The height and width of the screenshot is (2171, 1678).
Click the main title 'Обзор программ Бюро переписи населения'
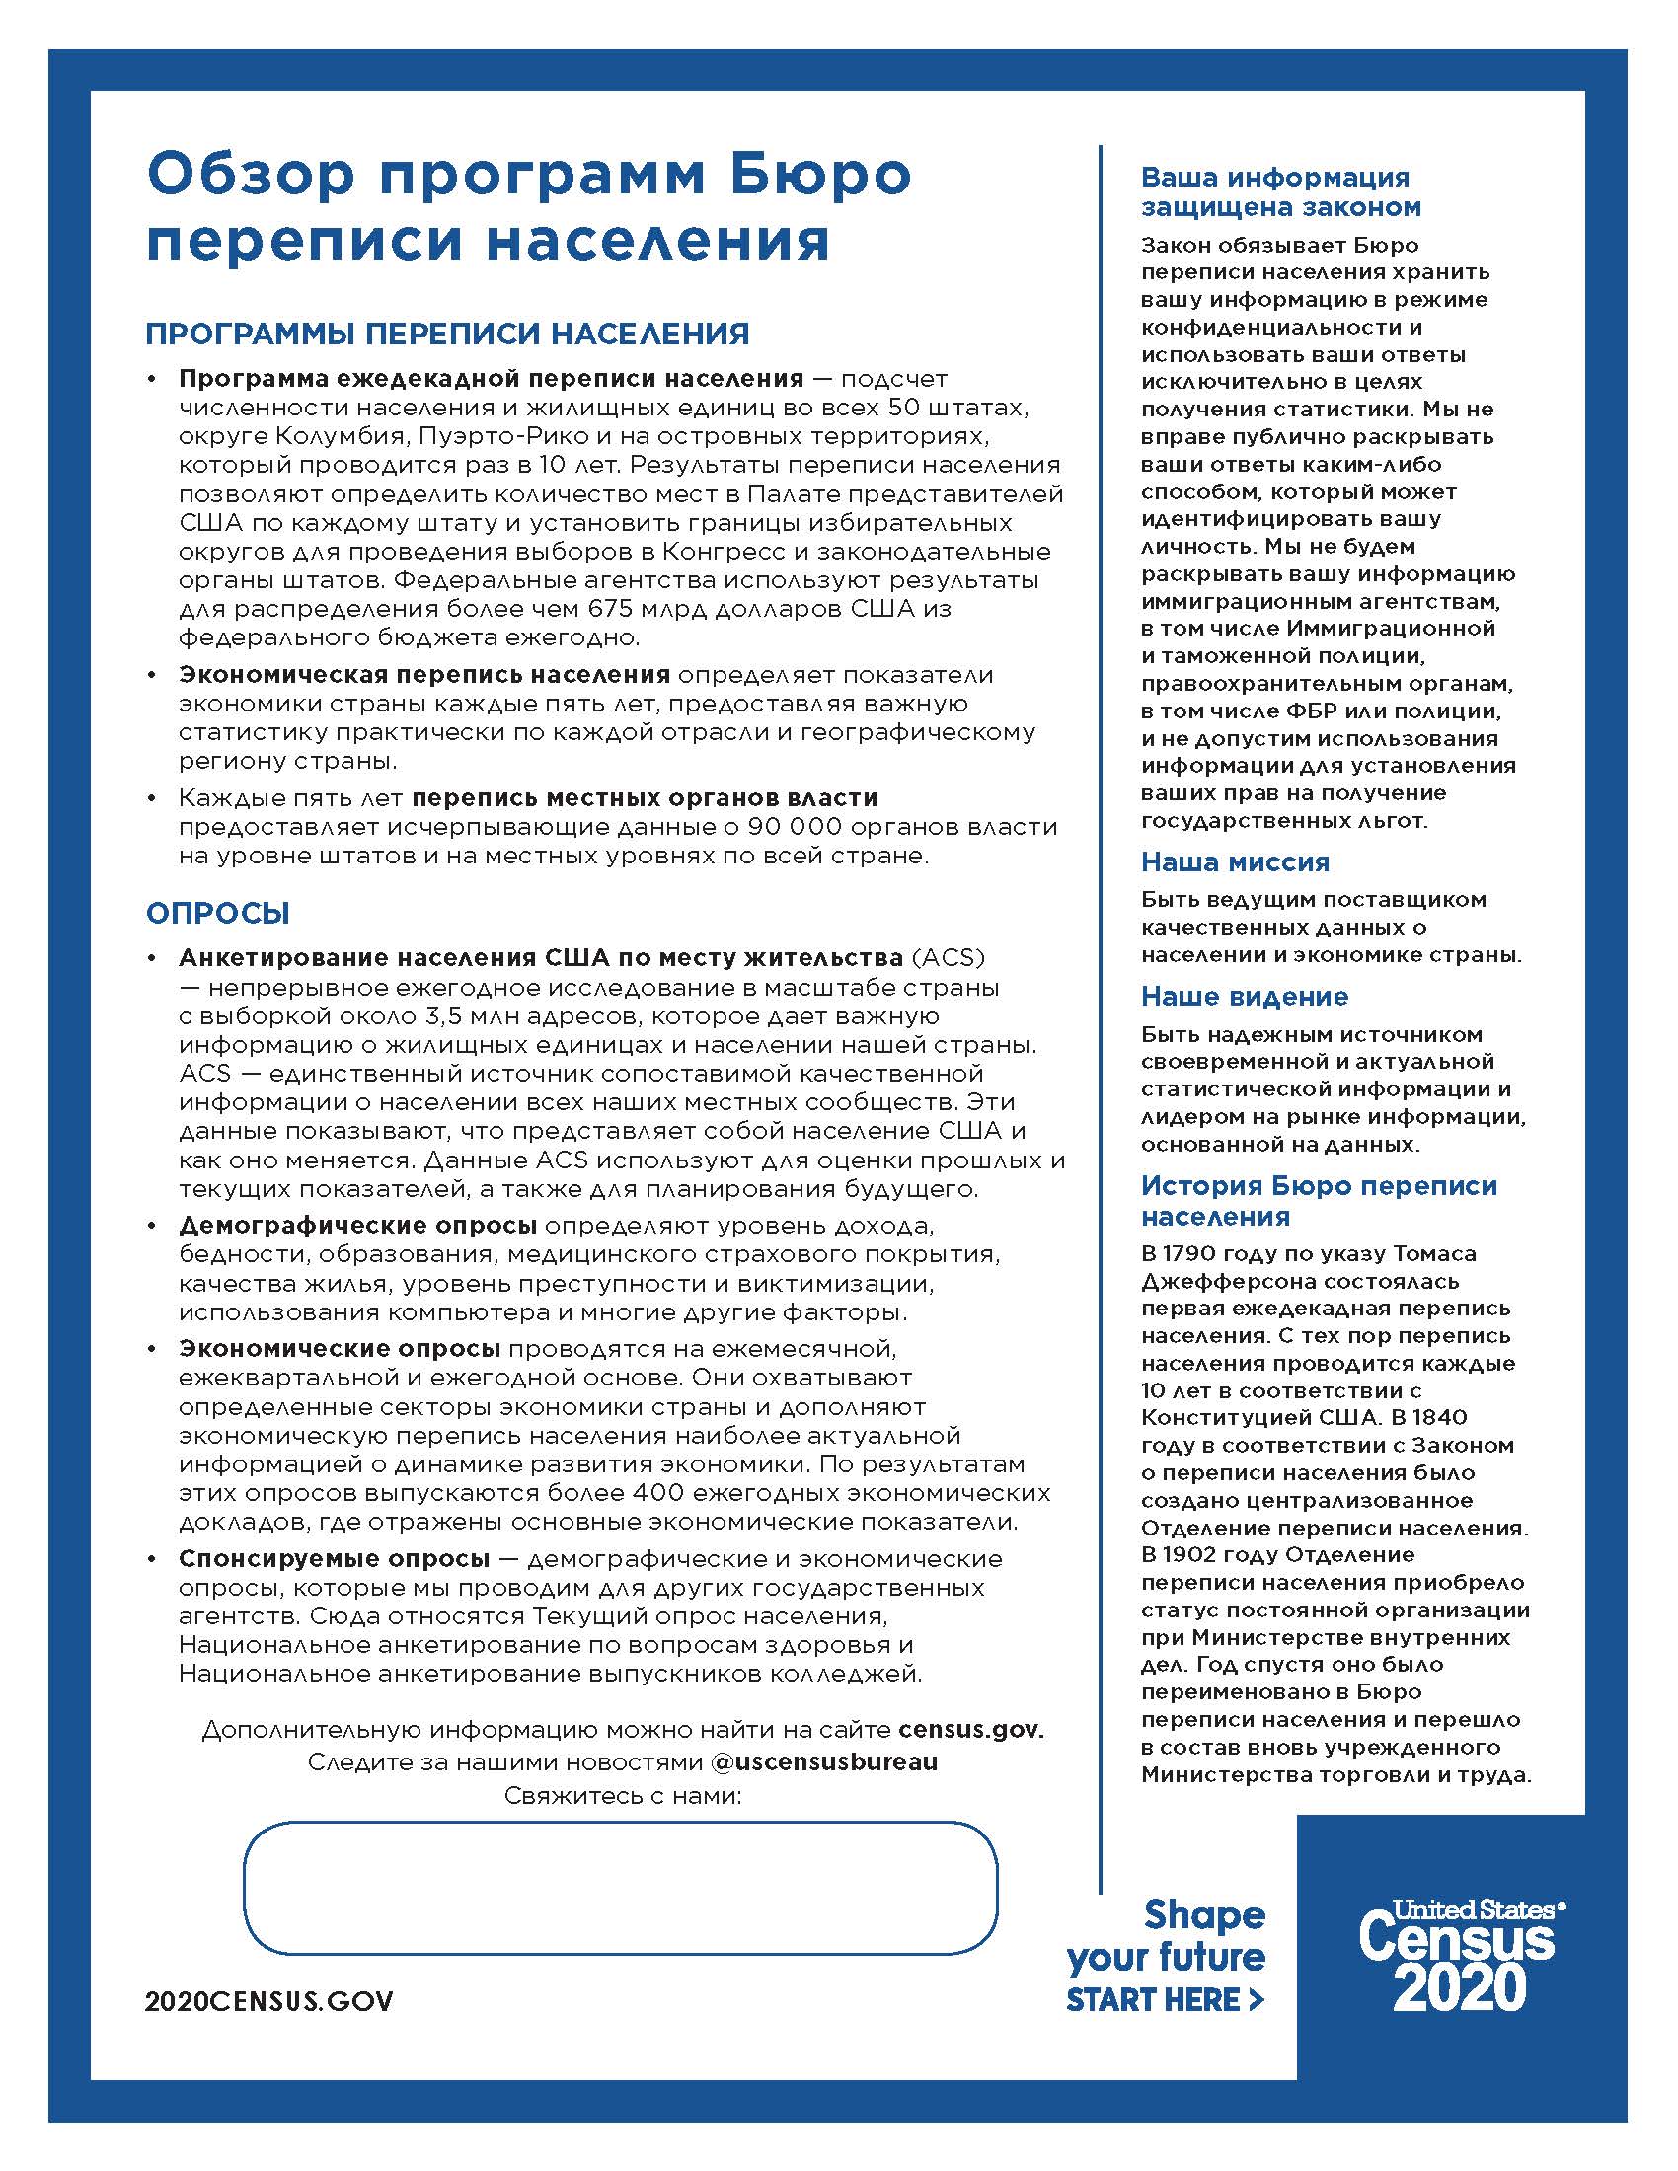528,207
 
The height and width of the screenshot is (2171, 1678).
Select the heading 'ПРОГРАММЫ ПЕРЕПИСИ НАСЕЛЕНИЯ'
447,334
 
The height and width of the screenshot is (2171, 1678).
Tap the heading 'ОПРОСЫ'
218,913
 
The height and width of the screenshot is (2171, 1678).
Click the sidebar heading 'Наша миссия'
1235,861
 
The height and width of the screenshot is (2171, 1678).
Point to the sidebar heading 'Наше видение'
1245,996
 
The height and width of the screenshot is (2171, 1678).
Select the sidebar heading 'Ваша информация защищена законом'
1280,191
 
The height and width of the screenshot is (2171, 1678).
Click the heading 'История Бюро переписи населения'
1318,1200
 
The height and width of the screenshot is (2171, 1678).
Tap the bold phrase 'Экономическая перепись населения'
424,675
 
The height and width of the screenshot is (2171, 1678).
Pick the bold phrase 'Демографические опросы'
358,1226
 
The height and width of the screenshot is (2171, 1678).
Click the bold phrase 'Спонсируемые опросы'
334,1558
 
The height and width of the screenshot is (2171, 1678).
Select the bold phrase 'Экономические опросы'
339,1349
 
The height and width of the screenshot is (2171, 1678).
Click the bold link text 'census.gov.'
970,1730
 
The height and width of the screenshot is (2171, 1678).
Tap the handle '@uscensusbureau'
824,1762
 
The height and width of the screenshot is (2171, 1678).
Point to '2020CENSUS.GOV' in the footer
269,2001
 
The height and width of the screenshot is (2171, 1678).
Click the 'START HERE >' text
1164,2000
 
